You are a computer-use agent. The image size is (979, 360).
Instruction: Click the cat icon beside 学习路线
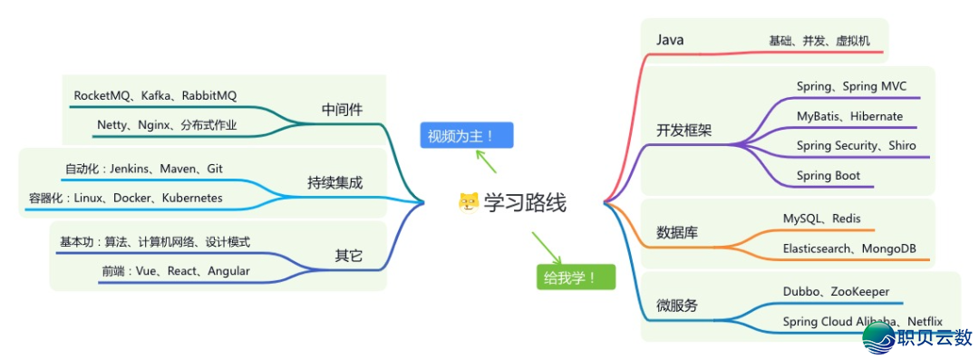(468, 202)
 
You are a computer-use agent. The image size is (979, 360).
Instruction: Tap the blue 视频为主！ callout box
(466, 136)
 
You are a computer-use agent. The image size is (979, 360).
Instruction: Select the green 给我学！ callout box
(575, 277)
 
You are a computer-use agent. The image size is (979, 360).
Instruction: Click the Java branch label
(670, 40)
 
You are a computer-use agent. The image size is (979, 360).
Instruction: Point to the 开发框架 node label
(683, 130)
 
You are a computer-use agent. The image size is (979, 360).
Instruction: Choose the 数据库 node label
(677, 231)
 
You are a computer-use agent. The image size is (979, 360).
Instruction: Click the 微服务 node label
(677, 306)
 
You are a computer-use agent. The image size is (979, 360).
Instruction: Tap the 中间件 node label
(342, 110)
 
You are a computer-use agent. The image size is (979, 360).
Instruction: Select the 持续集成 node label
(334, 183)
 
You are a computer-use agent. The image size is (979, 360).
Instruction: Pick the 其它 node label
(348, 256)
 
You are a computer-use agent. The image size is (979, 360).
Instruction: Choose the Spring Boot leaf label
(828, 175)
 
